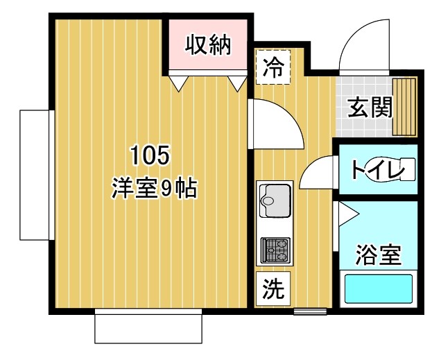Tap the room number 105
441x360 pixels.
(150, 155)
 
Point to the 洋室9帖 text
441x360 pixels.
(154, 187)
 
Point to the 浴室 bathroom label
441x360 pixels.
(378, 255)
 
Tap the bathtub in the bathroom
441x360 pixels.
(378, 291)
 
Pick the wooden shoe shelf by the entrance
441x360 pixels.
(404, 105)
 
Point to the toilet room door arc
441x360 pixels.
(318, 173)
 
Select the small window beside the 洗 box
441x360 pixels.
(309, 310)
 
